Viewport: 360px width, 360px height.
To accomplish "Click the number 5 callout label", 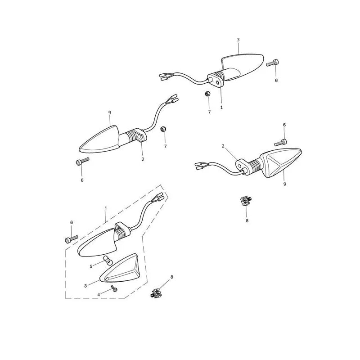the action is (x=91, y=266).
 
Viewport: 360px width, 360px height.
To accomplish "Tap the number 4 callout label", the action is (x=99, y=295).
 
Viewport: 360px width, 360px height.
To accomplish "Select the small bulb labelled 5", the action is (x=108, y=261).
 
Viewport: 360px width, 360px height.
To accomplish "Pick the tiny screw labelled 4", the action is (x=114, y=288).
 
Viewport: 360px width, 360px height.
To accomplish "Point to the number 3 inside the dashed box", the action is (x=85, y=286).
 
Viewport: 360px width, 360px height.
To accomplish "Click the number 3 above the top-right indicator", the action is (x=238, y=40).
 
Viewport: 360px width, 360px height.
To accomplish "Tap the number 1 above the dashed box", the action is (x=106, y=208).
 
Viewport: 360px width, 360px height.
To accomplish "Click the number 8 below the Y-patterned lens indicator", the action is (x=247, y=220).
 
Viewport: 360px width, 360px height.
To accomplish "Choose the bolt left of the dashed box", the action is (x=72, y=239).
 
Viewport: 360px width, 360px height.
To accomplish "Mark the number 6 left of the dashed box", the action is (x=72, y=222).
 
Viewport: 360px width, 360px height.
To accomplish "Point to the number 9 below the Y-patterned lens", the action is (x=285, y=184).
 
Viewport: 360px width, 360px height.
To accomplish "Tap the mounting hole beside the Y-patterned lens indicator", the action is (x=240, y=165).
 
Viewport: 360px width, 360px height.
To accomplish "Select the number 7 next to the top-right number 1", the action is (x=209, y=112).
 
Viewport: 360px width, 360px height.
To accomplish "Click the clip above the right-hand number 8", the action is (x=246, y=201).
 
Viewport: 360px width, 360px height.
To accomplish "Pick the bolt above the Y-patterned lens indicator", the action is (x=281, y=143).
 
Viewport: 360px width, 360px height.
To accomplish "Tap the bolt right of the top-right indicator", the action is (x=273, y=63).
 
